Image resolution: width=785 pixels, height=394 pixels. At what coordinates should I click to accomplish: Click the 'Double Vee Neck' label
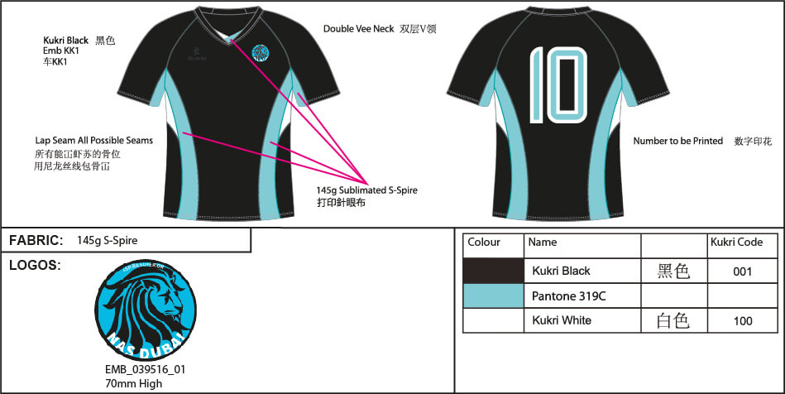click(x=357, y=29)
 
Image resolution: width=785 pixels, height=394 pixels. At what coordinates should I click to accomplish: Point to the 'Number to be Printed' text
click(x=677, y=142)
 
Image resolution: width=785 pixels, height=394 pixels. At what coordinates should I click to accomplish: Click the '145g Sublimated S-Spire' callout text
click(x=367, y=190)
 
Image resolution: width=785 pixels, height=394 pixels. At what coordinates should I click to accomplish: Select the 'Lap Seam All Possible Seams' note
click(x=93, y=141)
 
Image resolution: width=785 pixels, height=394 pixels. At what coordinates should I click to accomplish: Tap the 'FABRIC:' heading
click(x=36, y=241)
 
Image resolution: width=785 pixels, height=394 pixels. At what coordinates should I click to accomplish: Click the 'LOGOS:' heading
click(x=34, y=266)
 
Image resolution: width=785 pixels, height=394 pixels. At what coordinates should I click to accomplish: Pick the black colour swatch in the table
click(x=493, y=271)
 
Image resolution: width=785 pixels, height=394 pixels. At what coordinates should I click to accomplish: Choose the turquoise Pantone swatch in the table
click(x=493, y=295)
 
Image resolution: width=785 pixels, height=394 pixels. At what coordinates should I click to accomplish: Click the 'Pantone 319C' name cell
click(x=562, y=295)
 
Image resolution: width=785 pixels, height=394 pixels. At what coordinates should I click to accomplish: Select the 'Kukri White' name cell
click(x=562, y=320)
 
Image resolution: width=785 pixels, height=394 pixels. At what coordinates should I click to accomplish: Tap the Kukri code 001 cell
click(x=742, y=271)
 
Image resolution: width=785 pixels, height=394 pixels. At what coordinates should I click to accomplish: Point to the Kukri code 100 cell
click(x=742, y=320)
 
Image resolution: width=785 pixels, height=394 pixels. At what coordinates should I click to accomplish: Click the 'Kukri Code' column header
click(x=736, y=243)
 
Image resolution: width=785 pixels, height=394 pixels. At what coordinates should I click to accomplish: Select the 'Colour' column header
click(x=484, y=243)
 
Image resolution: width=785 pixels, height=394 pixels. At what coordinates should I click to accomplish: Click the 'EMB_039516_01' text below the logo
click(x=145, y=370)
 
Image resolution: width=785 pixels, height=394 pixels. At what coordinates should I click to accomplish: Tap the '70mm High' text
click(x=133, y=383)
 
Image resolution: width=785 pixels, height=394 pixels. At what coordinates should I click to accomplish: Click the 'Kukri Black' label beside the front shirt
click(x=66, y=41)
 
